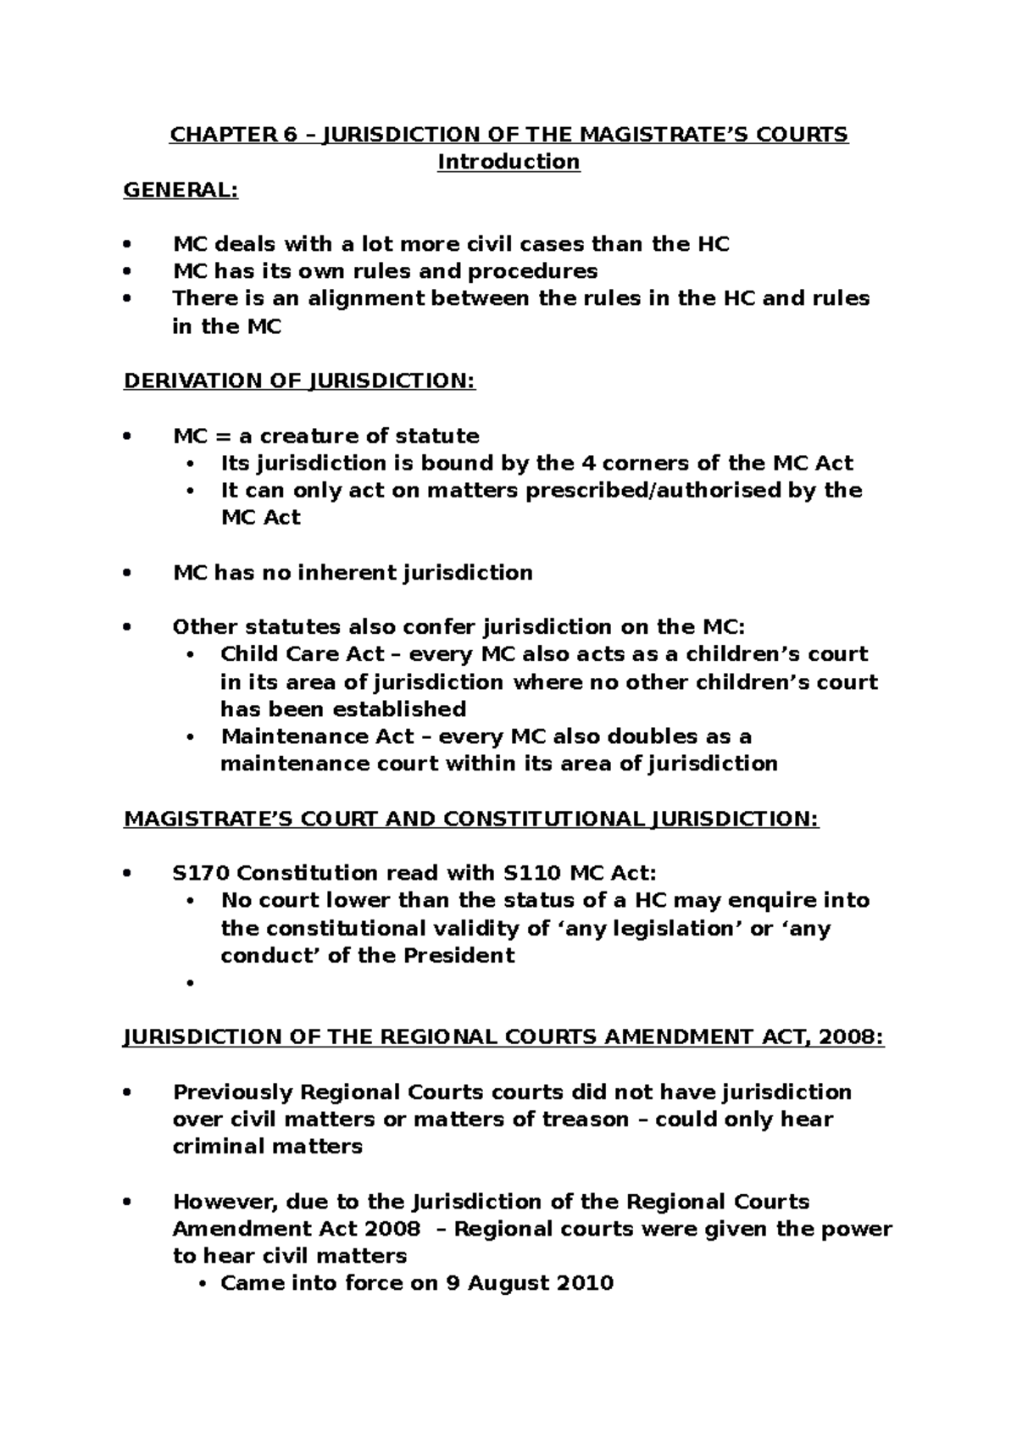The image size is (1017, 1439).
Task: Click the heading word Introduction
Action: click(x=508, y=162)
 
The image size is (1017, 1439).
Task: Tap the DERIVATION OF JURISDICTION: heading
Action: click(x=299, y=381)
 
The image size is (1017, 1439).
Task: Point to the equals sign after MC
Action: click(x=223, y=436)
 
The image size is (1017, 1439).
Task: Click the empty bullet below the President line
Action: click(x=191, y=983)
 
